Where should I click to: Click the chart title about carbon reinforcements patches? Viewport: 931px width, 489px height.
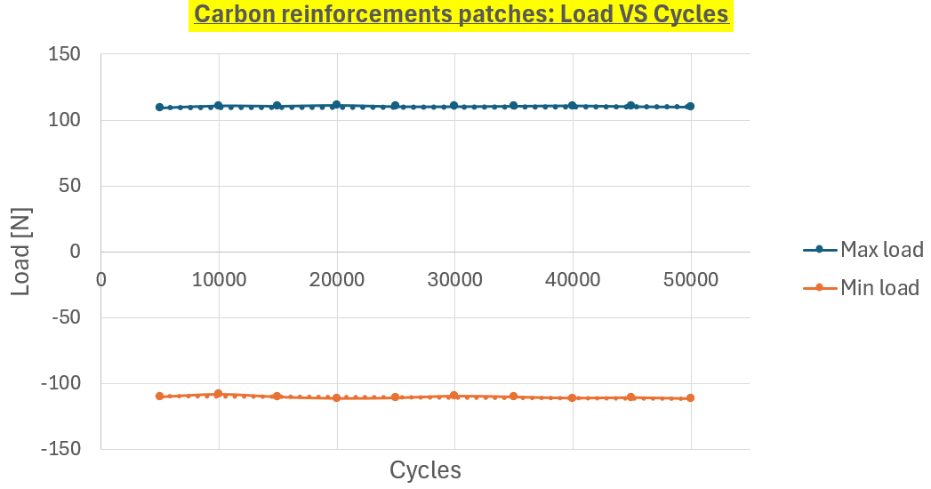pyautogui.click(x=461, y=15)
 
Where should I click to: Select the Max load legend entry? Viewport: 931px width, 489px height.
pyautogui.click(x=881, y=250)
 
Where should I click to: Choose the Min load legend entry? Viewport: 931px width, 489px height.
pyautogui.click(x=879, y=287)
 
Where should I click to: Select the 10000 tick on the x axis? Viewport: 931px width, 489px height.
pyautogui.click(x=219, y=280)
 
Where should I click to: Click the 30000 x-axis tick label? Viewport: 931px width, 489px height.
pyautogui.click(x=454, y=280)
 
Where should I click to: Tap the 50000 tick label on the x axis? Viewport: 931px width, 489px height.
pyautogui.click(x=690, y=280)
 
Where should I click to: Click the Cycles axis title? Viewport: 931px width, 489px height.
pyautogui.click(x=425, y=469)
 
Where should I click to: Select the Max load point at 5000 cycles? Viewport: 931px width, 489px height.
pyautogui.click(x=160, y=107)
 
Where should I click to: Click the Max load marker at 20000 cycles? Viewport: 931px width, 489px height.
pyautogui.click(x=336, y=105)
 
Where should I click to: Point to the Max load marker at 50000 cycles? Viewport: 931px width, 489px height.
pyautogui.click(x=690, y=106)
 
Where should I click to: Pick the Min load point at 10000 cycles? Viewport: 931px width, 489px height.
pyautogui.click(x=219, y=394)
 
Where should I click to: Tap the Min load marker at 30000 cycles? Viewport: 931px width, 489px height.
pyautogui.click(x=454, y=396)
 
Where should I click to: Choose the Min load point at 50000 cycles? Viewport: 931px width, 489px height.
pyautogui.click(x=690, y=398)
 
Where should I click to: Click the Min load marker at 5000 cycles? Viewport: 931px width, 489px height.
pyautogui.click(x=160, y=397)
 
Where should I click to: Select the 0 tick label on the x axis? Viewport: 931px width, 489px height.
pyautogui.click(x=101, y=280)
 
